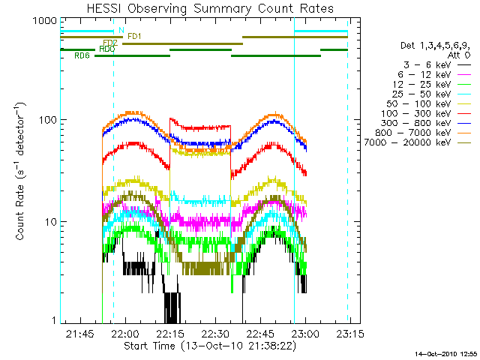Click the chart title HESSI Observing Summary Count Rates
coord(205,8)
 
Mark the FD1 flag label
coord(135,36)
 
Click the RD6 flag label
coord(82,55)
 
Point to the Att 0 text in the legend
coord(453,56)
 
